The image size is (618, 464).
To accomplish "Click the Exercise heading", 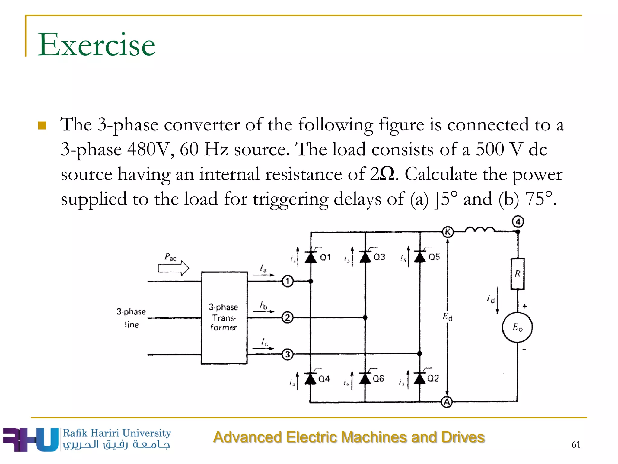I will click(96, 45).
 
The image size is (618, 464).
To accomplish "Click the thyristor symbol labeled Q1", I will click(311, 257).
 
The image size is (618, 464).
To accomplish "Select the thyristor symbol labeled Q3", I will click(365, 257).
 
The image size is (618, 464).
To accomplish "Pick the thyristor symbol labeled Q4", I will click(311, 379).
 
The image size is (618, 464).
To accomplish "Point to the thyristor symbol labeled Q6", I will click(365, 379).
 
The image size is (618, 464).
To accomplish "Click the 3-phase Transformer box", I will click(224, 318).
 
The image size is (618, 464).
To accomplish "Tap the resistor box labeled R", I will click(518, 274).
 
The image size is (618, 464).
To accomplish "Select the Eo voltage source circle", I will click(517, 327).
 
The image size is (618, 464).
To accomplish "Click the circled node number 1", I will click(288, 282).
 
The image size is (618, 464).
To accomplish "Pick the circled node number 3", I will click(288, 354).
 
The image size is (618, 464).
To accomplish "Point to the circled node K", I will click(448, 232).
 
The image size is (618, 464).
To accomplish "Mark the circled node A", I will click(447, 402).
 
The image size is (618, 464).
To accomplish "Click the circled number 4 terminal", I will click(518, 222).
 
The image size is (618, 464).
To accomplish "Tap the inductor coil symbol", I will click(480, 230).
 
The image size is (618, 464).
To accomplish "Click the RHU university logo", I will click(30, 440).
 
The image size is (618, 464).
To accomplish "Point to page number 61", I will click(576, 444).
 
